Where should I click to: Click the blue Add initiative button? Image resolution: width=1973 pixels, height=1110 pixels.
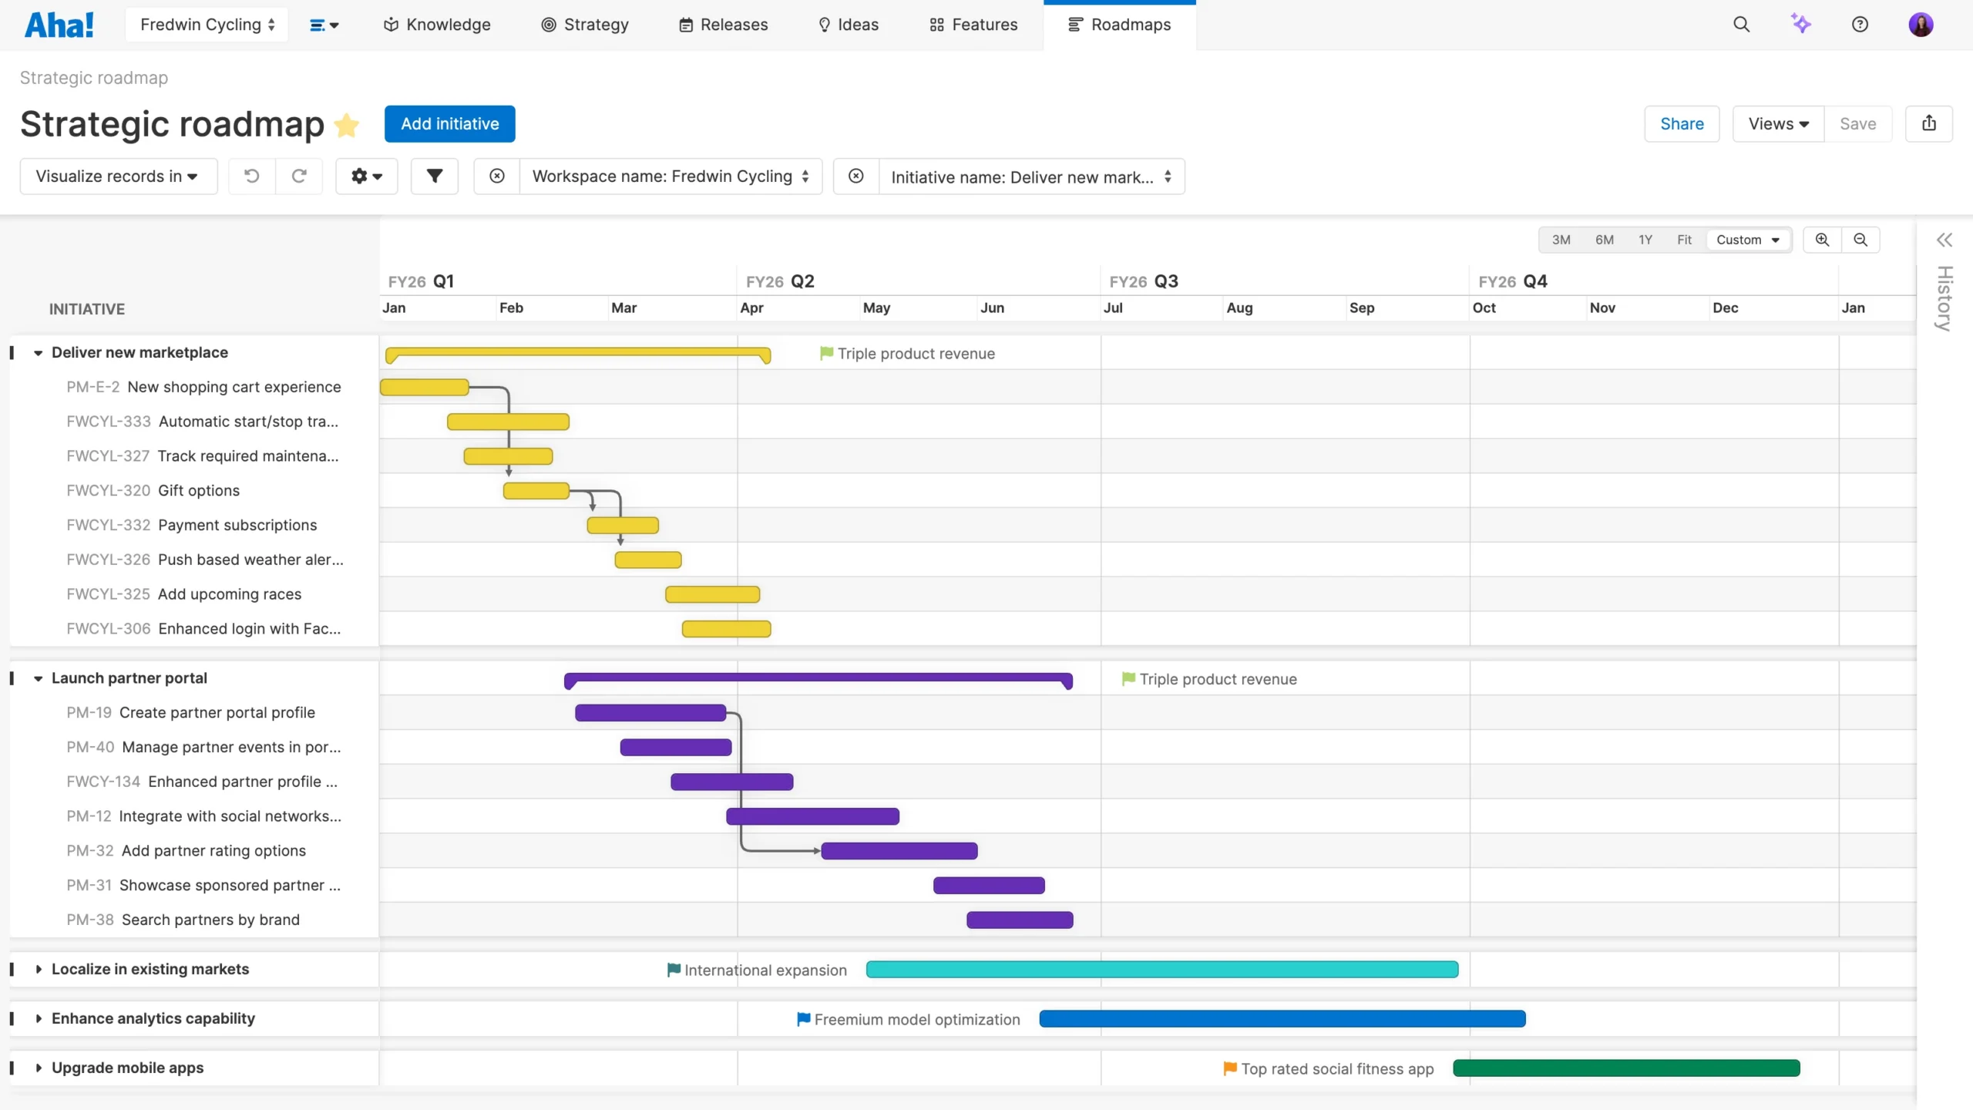click(449, 124)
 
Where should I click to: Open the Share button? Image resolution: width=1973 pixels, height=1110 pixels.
click(1681, 124)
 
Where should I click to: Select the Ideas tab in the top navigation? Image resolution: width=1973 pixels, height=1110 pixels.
click(848, 25)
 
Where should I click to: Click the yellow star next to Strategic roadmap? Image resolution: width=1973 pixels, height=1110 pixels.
click(347, 125)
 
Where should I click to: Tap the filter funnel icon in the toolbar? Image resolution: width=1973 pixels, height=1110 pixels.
click(435, 177)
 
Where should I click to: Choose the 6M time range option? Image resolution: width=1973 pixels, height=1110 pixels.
click(1604, 240)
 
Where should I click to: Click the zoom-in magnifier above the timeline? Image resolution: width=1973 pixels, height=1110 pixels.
click(1822, 240)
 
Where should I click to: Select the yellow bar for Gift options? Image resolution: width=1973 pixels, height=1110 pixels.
click(536, 491)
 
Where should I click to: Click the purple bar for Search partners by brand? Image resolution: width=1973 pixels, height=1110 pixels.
click(1019, 920)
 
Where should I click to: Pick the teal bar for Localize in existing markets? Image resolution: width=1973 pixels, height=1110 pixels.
click(1161, 970)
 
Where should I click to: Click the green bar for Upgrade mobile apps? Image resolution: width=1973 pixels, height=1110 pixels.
click(1626, 1068)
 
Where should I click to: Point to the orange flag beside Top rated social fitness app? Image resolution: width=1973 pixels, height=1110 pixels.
click(1230, 1068)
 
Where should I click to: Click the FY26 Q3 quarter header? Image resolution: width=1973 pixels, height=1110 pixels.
click(1144, 281)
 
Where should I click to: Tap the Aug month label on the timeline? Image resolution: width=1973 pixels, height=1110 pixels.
click(1239, 308)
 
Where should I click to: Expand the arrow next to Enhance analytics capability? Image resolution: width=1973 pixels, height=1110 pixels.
click(39, 1019)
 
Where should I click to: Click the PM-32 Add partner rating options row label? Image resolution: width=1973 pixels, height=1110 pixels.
click(187, 851)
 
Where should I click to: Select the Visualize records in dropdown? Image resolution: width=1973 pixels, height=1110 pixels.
click(117, 177)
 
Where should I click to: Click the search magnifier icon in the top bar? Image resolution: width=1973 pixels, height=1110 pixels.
click(1741, 25)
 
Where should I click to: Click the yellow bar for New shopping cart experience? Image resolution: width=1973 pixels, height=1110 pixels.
click(425, 387)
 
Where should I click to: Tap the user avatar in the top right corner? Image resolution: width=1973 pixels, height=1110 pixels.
click(1920, 25)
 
